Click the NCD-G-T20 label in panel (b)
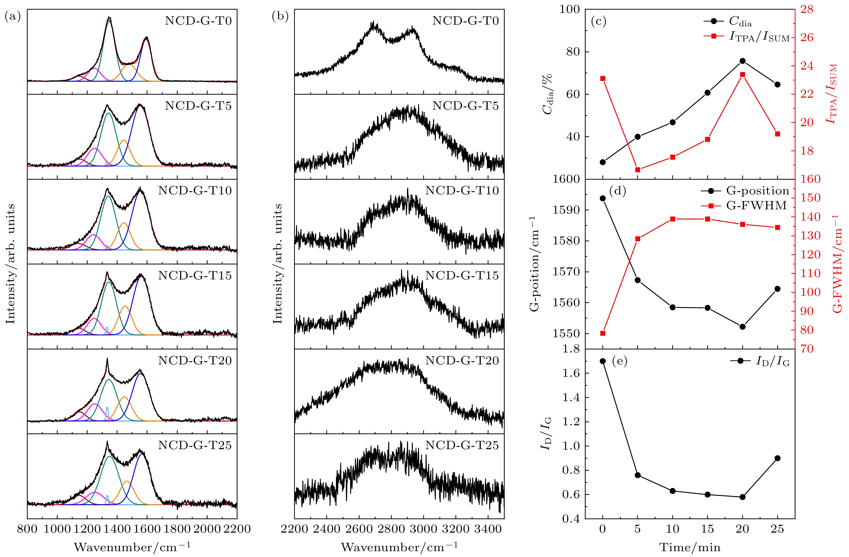(x=462, y=361)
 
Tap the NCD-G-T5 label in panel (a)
(x=198, y=106)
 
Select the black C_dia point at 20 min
(x=743, y=61)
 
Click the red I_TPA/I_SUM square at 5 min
(x=638, y=170)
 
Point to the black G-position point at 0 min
(x=603, y=198)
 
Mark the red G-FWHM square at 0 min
(x=603, y=333)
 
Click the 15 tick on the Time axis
(x=708, y=529)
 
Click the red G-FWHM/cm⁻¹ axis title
(x=838, y=264)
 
